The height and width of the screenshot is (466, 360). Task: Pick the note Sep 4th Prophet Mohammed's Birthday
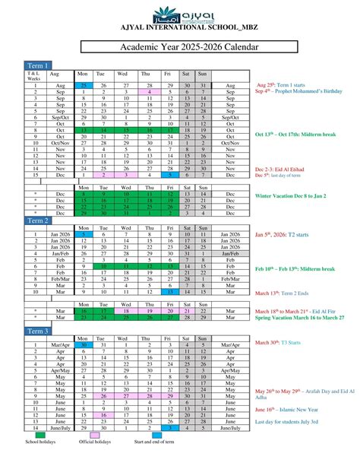(x=298, y=91)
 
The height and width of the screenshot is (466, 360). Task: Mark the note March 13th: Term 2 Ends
(x=288, y=292)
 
